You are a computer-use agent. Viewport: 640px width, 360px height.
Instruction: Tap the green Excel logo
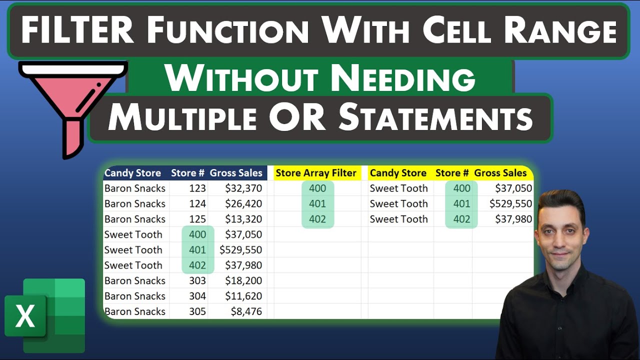pos(45,315)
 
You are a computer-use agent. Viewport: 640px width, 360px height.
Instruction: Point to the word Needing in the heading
pos(403,79)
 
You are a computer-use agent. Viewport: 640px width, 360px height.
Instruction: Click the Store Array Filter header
pos(316,173)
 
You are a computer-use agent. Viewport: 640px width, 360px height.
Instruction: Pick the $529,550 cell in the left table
pos(240,250)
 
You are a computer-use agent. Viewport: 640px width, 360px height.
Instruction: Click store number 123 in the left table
pos(197,188)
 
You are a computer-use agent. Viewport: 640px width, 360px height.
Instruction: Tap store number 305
pos(197,311)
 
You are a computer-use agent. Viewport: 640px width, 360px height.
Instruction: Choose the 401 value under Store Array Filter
pos(317,204)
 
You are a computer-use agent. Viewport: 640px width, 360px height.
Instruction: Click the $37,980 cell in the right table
pos(513,219)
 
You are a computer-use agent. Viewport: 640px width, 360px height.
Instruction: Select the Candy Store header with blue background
pos(132,173)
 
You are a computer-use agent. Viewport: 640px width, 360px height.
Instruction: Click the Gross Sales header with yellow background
pos(500,173)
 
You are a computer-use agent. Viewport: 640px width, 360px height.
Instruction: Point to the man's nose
pos(560,236)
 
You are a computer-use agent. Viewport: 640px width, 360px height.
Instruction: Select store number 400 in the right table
pos(461,188)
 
